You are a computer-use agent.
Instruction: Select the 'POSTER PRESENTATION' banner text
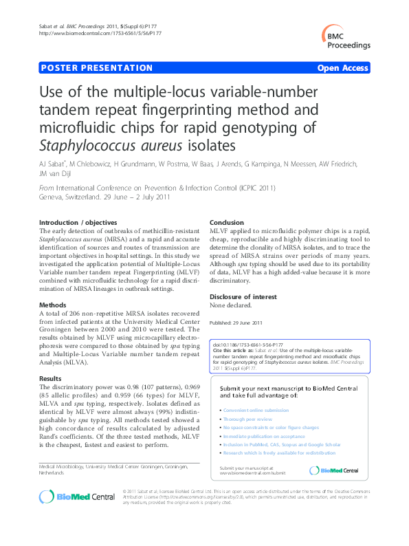97,68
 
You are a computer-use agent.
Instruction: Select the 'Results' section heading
50,379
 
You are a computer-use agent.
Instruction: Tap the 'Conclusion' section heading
227,223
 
